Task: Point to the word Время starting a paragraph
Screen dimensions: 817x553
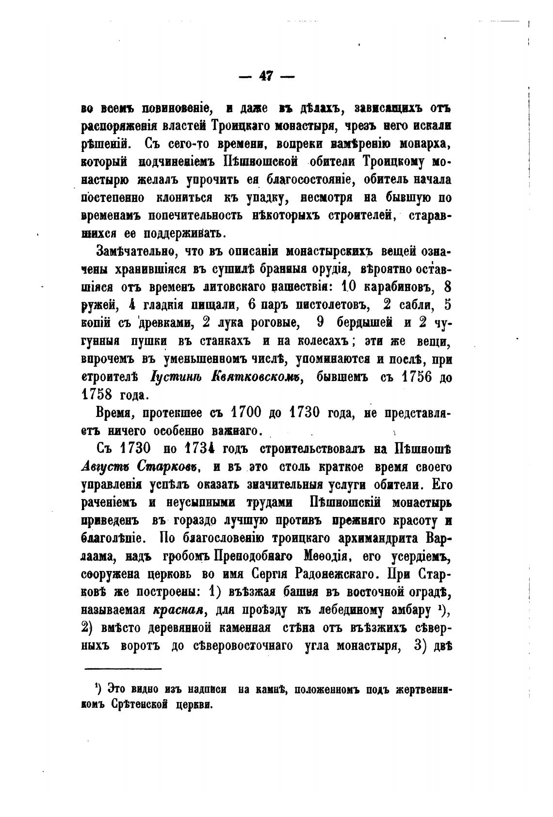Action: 114,413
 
